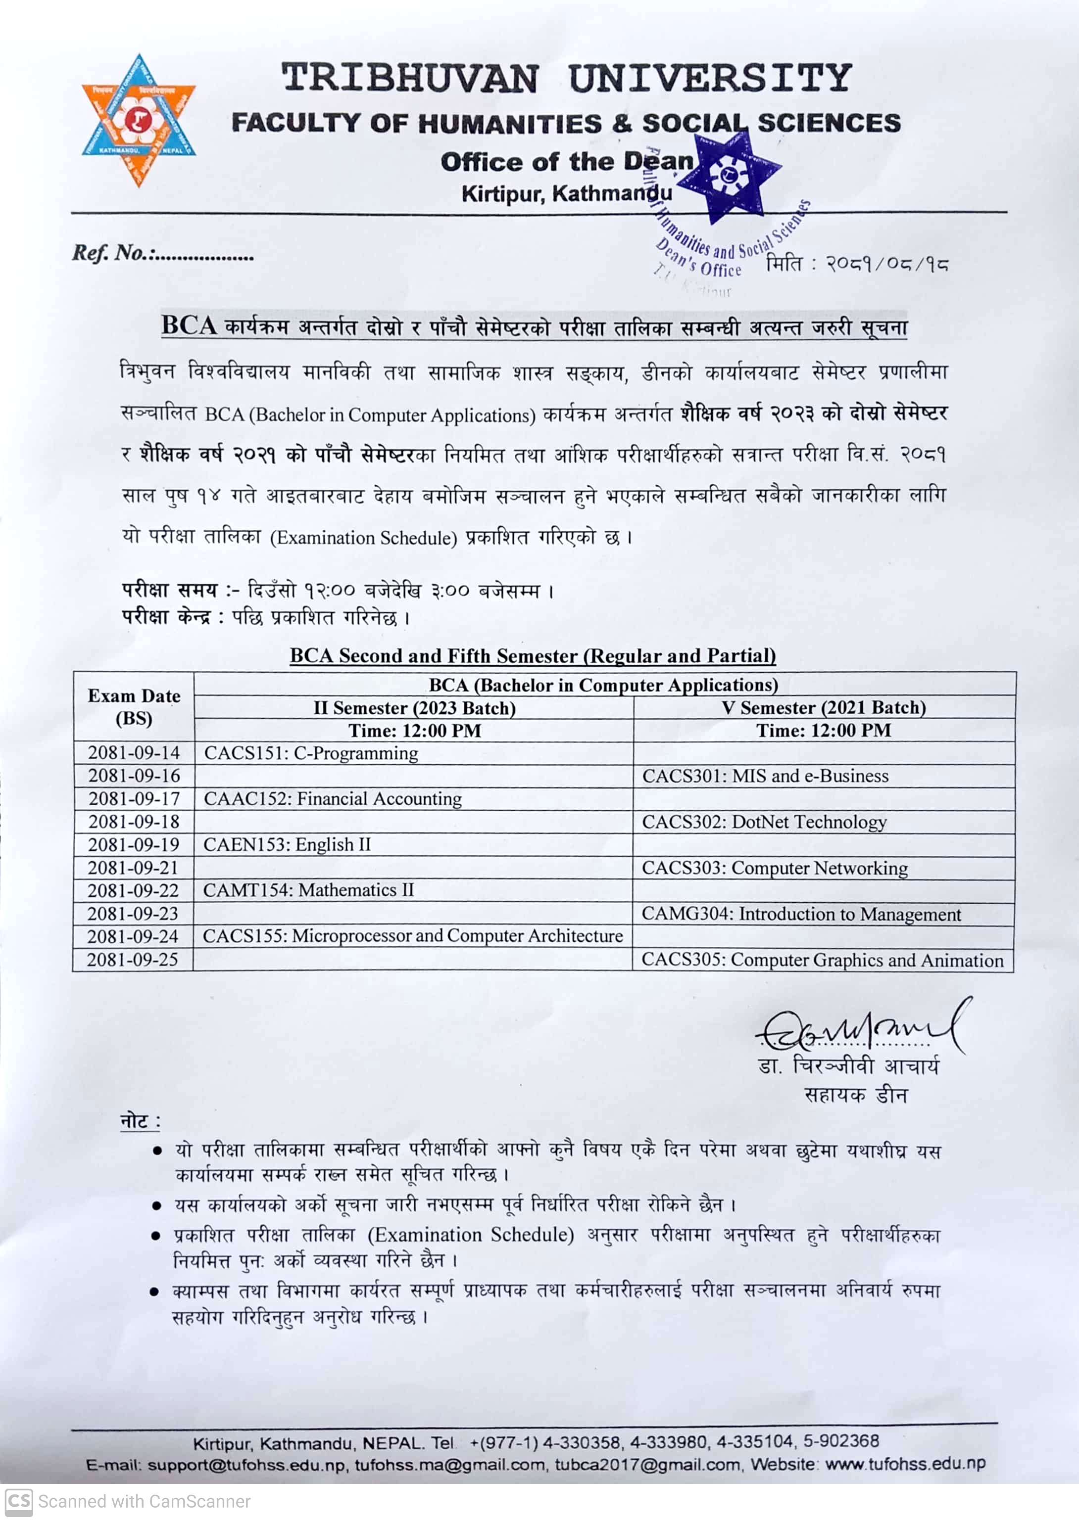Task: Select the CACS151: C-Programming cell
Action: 311,753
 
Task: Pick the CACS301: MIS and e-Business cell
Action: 765,776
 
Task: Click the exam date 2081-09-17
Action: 134,798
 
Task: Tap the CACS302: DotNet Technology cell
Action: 764,822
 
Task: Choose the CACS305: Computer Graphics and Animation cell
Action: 822,960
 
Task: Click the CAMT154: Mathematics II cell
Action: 308,890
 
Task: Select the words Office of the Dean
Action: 566,161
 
